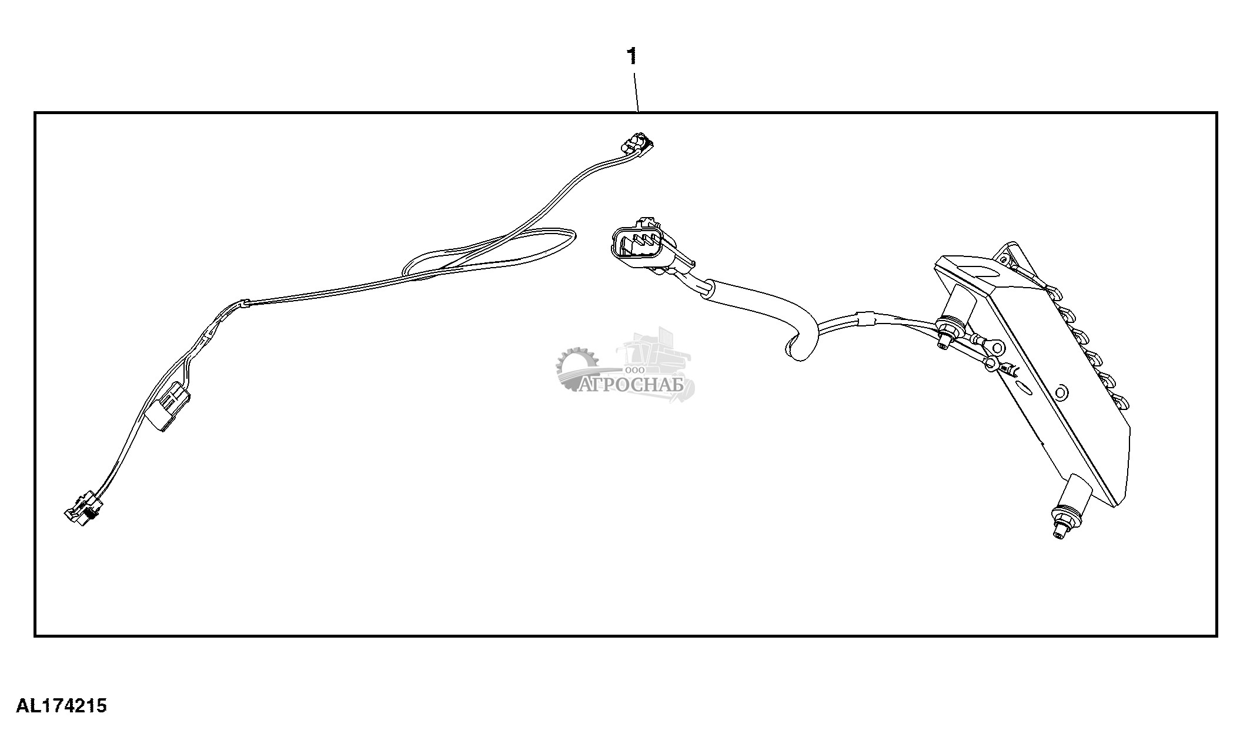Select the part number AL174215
click(x=61, y=705)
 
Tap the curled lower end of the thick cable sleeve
click(x=797, y=350)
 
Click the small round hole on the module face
click(x=1060, y=391)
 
